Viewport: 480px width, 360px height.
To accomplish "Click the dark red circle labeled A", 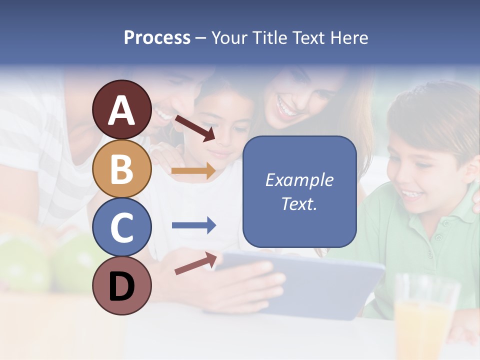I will [121, 109].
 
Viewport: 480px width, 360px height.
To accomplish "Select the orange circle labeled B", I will [121, 168].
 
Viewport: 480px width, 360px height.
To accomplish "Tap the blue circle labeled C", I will [121, 227].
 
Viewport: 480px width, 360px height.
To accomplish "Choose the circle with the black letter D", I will [121, 285].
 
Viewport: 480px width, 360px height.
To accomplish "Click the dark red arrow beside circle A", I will [194, 127].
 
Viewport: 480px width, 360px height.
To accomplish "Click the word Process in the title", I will [157, 37].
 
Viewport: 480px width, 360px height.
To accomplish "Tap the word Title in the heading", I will [270, 37].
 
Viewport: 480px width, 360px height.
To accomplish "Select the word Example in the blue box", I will [299, 180].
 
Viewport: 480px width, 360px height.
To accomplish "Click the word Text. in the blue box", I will [299, 204].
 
